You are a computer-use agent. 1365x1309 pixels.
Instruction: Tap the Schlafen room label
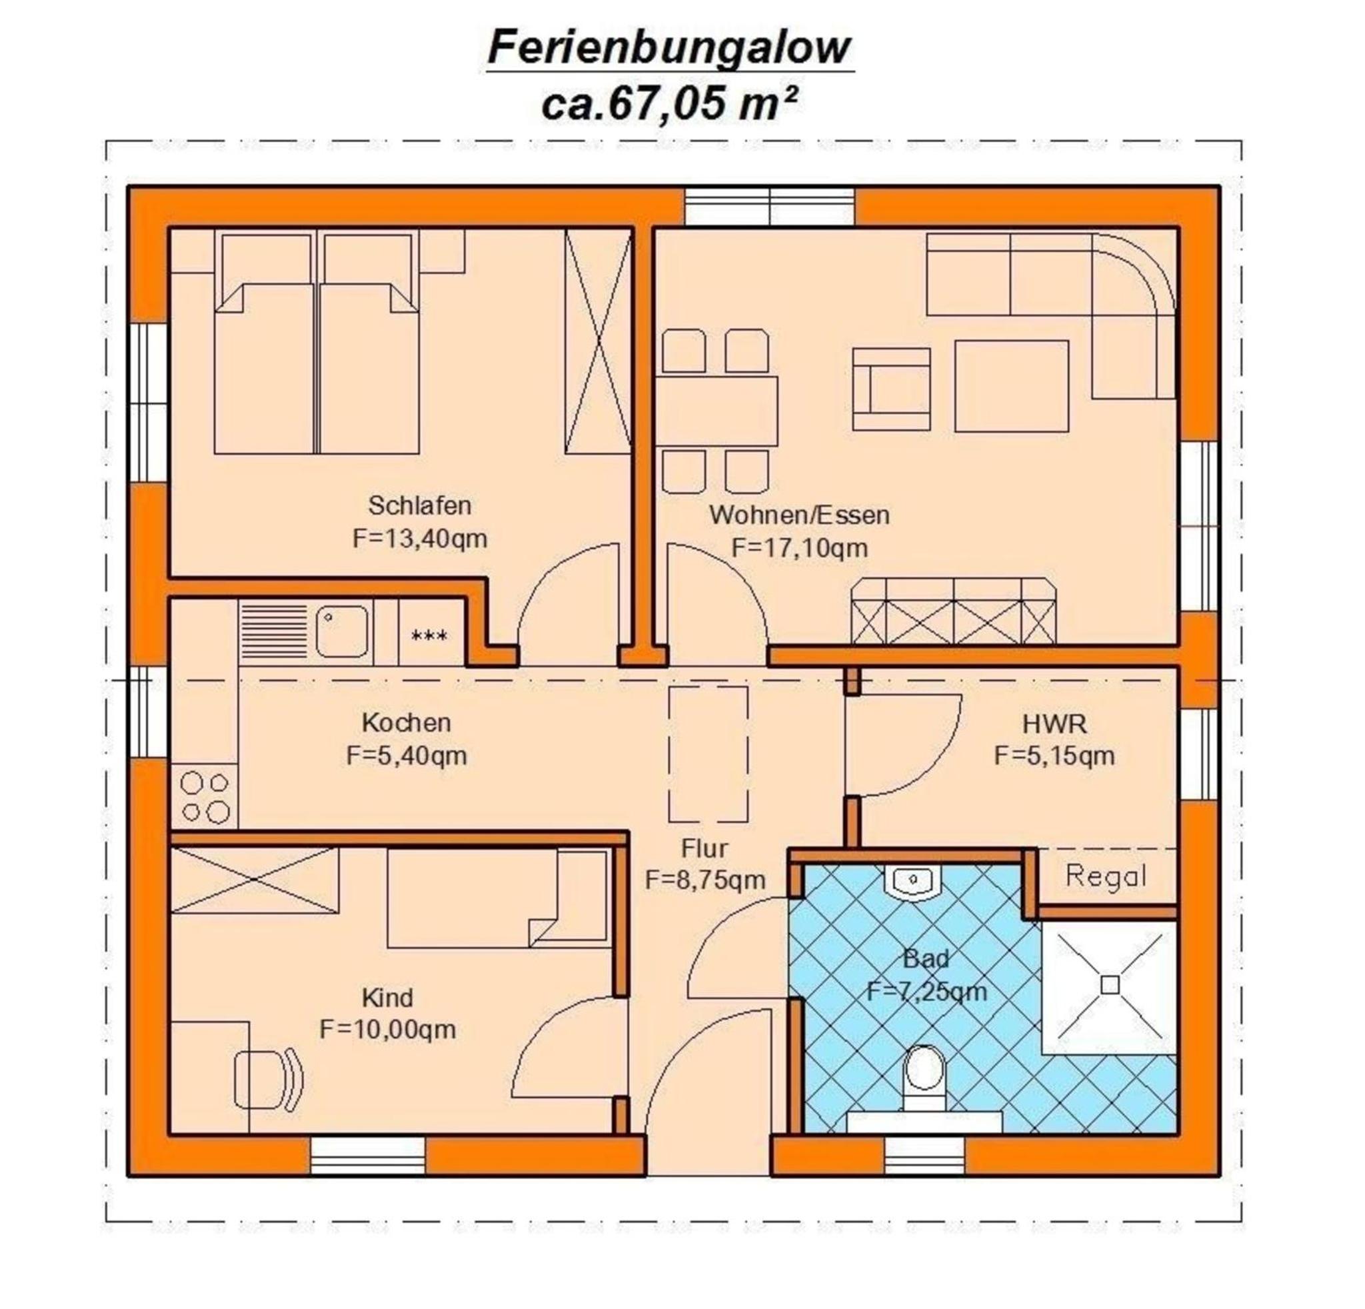[x=419, y=505]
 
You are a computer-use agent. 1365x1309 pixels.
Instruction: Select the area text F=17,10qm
[x=800, y=548]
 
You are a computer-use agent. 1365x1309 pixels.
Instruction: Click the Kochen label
[x=406, y=722]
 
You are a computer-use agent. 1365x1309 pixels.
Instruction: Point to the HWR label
[x=1054, y=724]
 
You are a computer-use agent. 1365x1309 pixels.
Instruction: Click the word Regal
[x=1106, y=876]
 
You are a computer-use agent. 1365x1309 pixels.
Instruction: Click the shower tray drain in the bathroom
[x=1110, y=985]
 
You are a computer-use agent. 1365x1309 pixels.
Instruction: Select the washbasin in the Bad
[x=913, y=882]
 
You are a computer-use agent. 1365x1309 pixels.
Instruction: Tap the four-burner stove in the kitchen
[x=204, y=796]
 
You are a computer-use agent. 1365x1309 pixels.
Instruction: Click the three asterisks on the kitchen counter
[x=430, y=635]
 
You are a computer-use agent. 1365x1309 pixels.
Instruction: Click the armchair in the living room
[x=891, y=389]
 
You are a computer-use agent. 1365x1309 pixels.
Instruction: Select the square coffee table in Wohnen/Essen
[x=1011, y=386]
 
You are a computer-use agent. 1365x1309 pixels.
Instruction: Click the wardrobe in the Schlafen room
[x=599, y=342]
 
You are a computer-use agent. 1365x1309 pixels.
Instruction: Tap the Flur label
[x=704, y=848]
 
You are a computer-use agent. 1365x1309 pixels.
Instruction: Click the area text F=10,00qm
[x=387, y=1029]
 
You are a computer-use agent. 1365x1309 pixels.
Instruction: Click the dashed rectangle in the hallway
[x=708, y=754]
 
